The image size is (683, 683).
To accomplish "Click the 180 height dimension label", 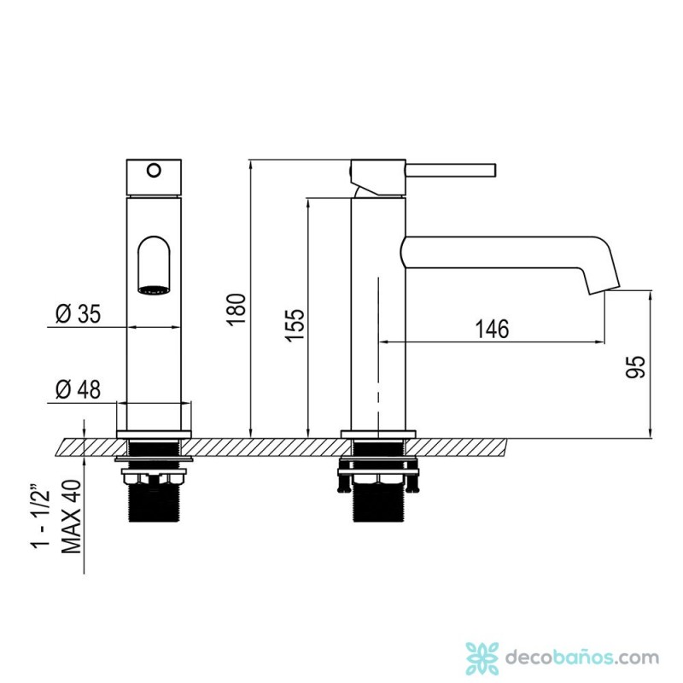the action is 236,310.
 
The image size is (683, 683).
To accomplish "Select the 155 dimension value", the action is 295,325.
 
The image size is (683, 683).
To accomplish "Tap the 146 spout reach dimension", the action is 492,329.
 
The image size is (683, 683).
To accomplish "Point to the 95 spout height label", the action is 635,367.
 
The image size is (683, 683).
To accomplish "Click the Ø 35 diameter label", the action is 79,313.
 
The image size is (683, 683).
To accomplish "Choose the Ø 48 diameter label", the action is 79,389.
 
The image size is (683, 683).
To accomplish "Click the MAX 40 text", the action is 72,517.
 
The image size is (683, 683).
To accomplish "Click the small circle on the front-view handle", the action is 154,170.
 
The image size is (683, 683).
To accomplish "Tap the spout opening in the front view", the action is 154,266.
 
